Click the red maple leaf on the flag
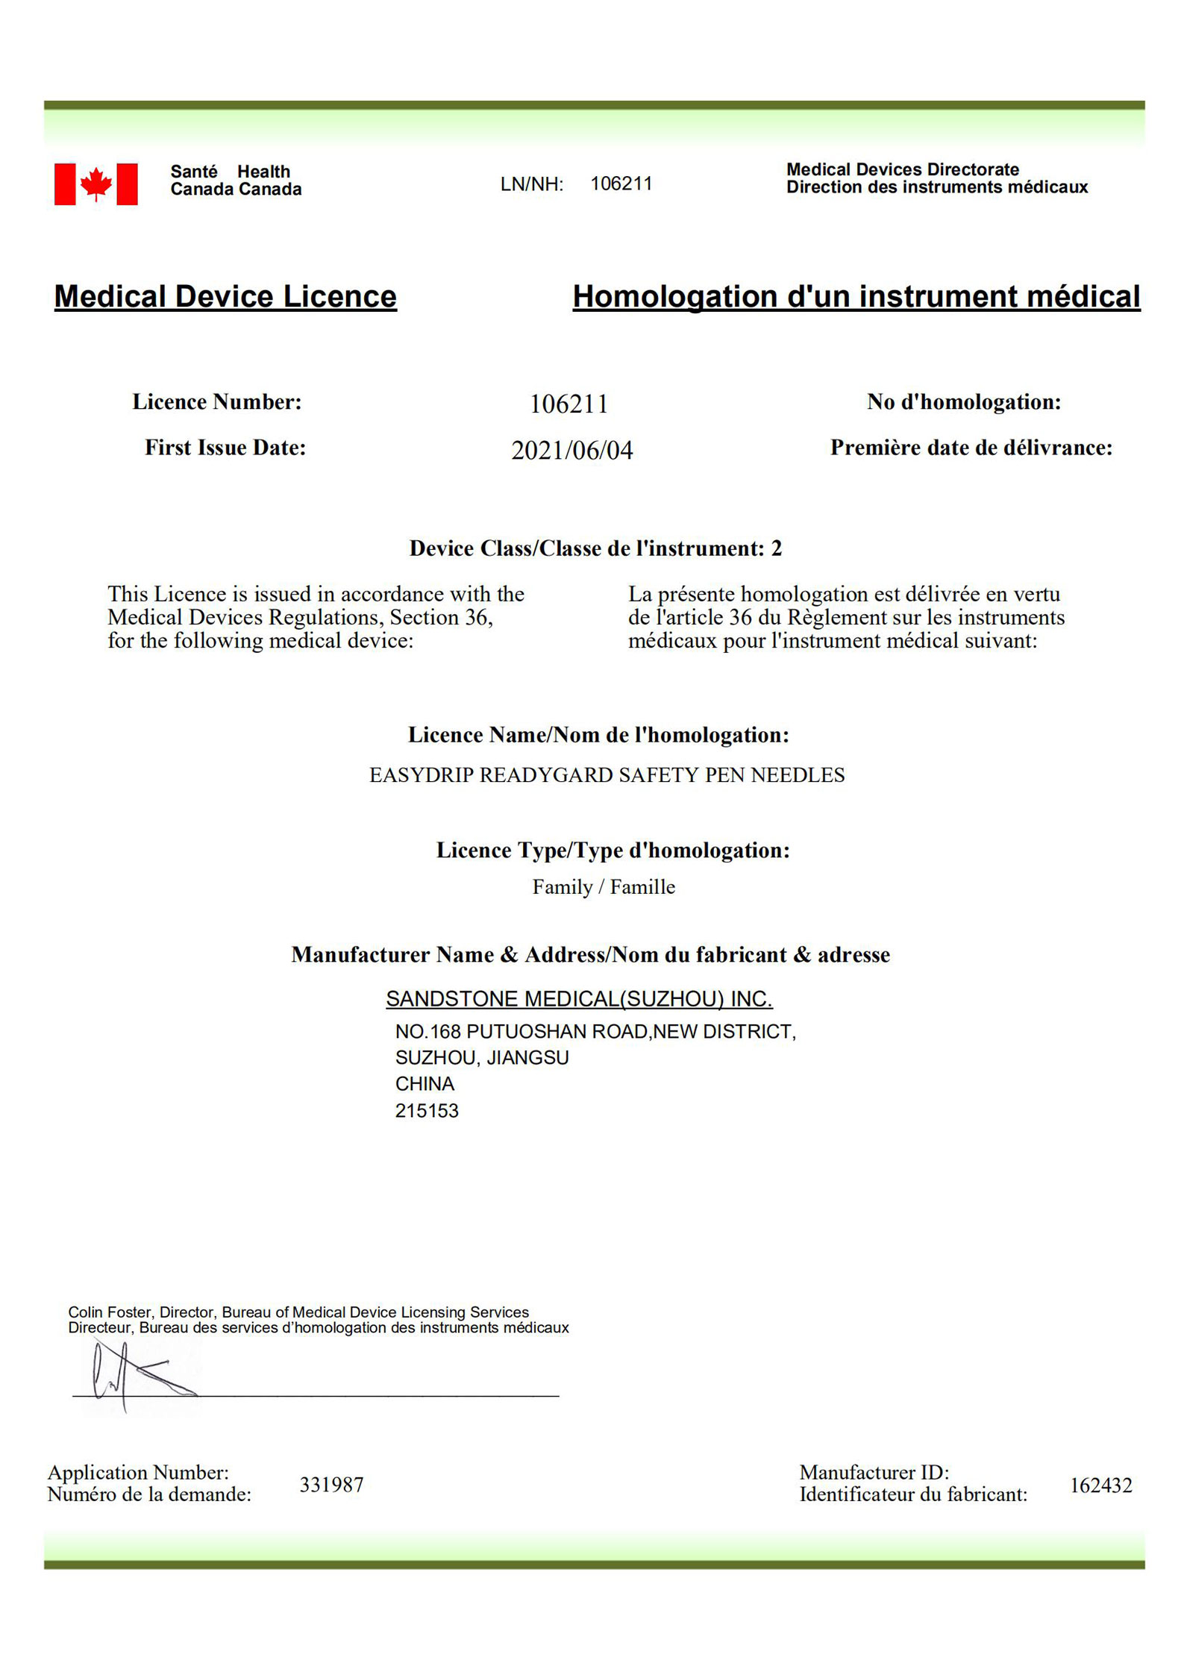point(96,184)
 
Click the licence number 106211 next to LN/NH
point(621,184)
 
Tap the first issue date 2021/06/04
point(571,450)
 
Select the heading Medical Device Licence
point(225,296)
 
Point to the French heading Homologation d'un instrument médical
point(856,296)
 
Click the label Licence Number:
point(217,402)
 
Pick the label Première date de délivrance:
point(971,448)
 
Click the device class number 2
point(776,548)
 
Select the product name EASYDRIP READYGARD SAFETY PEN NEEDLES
point(607,775)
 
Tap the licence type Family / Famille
point(604,886)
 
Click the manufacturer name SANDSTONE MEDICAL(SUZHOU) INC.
point(579,998)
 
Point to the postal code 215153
point(427,1111)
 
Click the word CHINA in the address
point(425,1083)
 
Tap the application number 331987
point(331,1485)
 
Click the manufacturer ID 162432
point(1100,1485)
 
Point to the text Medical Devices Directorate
point(902,169)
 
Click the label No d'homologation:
point(963,402)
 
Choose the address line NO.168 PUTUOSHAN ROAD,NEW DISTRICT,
point(595,1031)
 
